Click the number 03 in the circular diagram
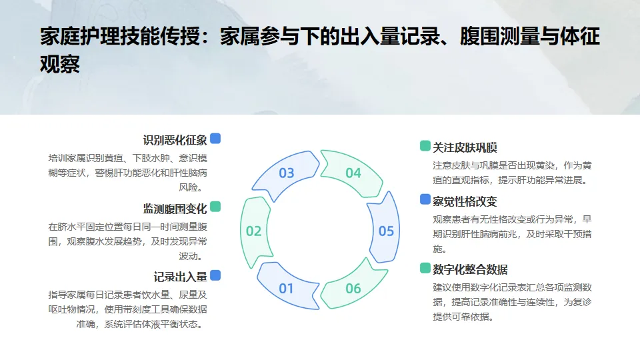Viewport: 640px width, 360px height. (x=287, y=173)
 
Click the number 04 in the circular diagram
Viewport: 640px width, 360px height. (x=353, y=173)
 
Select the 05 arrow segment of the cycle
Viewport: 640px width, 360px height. (x=386, y=231)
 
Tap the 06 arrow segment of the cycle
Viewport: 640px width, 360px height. (x=353, y=289)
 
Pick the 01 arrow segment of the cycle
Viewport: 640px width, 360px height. (x=286, y=289)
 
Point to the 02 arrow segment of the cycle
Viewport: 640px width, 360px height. (x=254, y=231)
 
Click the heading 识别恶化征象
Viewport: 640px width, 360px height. (x=175, y=141)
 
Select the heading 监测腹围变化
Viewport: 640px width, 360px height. (x=175, y=209)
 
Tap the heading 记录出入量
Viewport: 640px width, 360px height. (x=180, y=277)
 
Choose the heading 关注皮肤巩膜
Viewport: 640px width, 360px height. (x=465, y=147)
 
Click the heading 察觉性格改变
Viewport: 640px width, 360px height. (x=465, y=201)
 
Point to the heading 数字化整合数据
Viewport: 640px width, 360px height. (x=470, y=269)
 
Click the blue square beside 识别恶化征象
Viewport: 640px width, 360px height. (x=215, y=139)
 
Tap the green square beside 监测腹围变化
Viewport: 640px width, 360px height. (x=215, y=207)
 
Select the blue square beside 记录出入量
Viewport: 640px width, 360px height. (x=215, y=275)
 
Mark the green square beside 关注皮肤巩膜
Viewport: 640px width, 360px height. (x=425, y=146)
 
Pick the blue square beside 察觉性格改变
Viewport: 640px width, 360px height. (x=425, y=199)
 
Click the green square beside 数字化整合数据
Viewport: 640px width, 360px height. (x=425, y=267)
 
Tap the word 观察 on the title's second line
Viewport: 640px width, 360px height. (x=60, y=65)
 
